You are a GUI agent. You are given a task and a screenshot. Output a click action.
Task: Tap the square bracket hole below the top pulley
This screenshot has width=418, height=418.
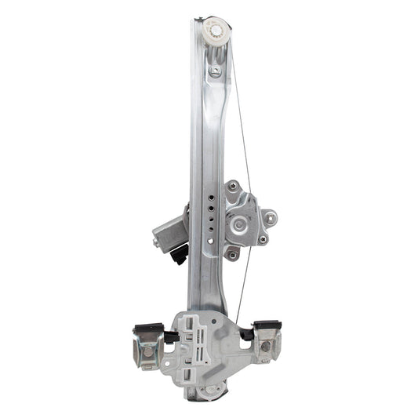point(215,71)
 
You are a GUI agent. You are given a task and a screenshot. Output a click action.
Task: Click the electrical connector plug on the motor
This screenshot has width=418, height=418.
point(181,254)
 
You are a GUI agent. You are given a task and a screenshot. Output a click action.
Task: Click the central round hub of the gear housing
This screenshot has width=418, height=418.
point(239,224)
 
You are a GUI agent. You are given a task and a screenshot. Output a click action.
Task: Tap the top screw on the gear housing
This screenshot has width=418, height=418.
point(232,188)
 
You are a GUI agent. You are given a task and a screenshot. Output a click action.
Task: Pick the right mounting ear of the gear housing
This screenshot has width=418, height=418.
point(269,217)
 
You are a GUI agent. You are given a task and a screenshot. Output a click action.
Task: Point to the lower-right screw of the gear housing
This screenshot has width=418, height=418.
point(262,239)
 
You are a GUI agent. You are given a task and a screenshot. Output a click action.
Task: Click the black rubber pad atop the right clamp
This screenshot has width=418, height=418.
point(267,325)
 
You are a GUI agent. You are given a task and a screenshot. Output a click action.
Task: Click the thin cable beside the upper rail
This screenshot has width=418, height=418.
point(244,141)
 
